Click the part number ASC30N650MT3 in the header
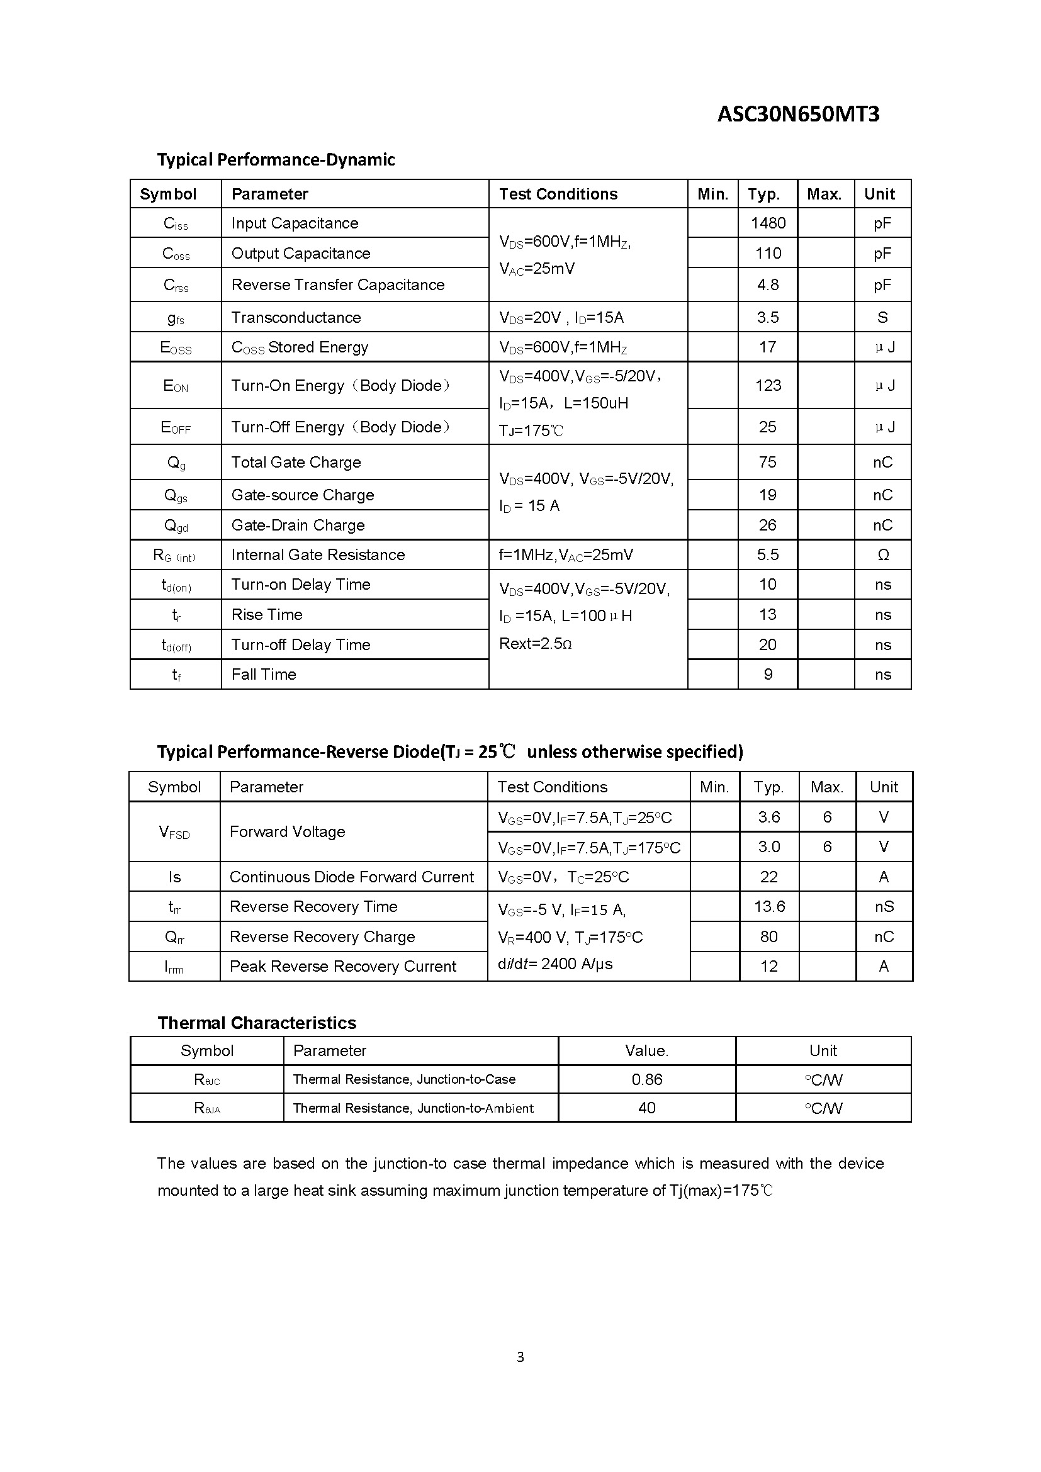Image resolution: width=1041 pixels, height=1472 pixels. point(798,114)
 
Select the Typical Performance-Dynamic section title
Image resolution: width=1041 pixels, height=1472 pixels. point(276,160)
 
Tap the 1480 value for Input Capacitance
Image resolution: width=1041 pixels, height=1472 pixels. point(768,223)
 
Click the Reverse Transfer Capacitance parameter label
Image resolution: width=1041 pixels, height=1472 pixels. point(338,284)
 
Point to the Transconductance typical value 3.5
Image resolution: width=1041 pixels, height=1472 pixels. point(768,317)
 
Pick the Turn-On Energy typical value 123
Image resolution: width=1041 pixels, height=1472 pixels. point(768,385)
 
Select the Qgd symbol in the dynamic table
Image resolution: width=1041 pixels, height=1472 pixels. point(176,525)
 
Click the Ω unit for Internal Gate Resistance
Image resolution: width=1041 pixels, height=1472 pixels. point(882,555)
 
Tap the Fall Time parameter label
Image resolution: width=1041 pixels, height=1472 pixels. point(264,675)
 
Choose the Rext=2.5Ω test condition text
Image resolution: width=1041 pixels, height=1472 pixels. point(534,644)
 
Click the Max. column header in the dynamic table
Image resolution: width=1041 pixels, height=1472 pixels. point(824,194)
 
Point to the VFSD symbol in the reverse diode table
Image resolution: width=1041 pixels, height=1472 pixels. point(174,832)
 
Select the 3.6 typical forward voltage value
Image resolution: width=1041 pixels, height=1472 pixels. point(768,817)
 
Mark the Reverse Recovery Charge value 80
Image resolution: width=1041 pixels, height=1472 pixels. point(768,936)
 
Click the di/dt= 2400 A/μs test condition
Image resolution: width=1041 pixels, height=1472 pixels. point(554,964)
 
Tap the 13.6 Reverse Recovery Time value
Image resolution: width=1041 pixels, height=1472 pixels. point(769,906)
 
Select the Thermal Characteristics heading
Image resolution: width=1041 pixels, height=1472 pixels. point(256,1023)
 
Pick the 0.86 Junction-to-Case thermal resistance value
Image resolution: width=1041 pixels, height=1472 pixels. point(647,1080)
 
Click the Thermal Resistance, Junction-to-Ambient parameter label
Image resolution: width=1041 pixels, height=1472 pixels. point(413,1108)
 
